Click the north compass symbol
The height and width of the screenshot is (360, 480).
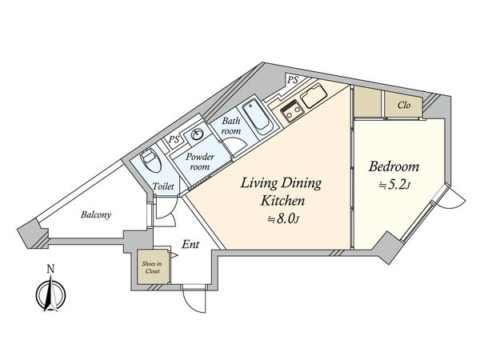click(x=51, y=294)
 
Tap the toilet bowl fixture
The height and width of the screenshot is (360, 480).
click(x=151, y=161)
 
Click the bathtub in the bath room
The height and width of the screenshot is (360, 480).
click(x=257, y=117)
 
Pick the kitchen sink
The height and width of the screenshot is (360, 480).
click(x=313, y=94)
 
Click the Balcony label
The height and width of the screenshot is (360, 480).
click(x=96, y=214)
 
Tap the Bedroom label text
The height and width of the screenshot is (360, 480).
click(x=394, y=167)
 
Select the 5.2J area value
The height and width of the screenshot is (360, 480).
click(x=394, y=185)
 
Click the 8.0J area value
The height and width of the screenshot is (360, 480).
click(x=283, y=218)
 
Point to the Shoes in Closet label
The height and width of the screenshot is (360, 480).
click(x=153, y=267)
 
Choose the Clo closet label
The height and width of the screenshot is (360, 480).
click(x=404, y=106)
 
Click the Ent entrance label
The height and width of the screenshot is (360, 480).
click(x=190, y=244)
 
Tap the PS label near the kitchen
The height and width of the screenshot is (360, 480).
click(x=293, y=80)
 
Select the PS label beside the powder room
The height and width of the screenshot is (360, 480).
click(x=174, y=139)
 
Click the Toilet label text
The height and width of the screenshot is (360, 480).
click(x=163, y=186)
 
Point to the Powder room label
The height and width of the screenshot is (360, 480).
click(x=200, y=162)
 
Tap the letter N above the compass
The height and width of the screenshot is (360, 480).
click(x=51, y=269)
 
